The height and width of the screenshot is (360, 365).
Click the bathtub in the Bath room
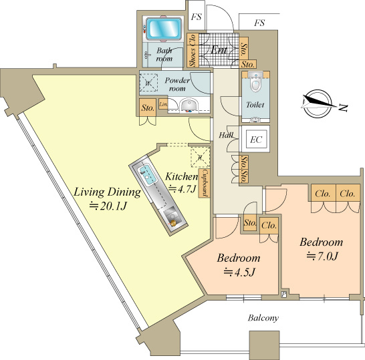pyautogui.click(x=164, y=28)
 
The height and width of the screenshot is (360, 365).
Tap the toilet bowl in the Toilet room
pyautogui.click(x=255, y=82)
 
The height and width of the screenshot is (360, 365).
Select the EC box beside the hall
pyautogui.click(x=255, y=139)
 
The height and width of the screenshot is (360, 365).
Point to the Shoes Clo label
pyautogui.click(x=193, y=51)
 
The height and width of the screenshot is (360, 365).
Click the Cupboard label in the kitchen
pyautogui.click(x=204, y=183)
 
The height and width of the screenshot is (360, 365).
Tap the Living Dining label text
pyautogui.click(x=108, y=192)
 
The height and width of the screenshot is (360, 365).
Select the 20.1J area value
pyautogui.click(x=108, y=206)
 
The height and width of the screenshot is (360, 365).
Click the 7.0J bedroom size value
pyautogui.click(x=322, y=256)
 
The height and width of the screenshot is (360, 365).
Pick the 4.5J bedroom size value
pyautogui.click(x=239, y=272)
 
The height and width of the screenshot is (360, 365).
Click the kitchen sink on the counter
pyautogui.click(x=148, y=174)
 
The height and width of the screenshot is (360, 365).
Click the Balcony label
pyautogui.click(x=263, y=318)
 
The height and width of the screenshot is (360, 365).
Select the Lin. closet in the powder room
pyautogui.click(x=163, y=104)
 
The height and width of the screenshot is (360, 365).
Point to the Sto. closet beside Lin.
pyautogui.click(x=148, y=108)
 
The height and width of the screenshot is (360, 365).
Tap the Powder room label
pyautogui.click(x=177, y=84)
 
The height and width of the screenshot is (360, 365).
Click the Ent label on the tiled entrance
pyautogui.click(x=219, y=49)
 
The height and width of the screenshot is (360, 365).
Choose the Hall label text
pyautogui.click(x=226, y=135)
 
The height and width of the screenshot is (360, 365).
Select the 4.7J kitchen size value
pyautogui.click(x=182, y=189)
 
